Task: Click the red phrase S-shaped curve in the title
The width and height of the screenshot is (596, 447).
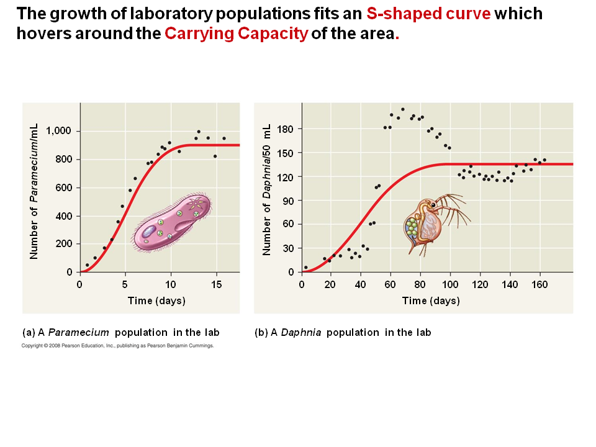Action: point(429,14)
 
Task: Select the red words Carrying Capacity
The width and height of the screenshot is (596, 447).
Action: point(237,34)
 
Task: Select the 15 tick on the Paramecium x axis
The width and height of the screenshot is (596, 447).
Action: point(216,284)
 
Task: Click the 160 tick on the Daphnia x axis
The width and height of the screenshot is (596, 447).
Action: point(540,284)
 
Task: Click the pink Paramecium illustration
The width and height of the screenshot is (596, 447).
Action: point(173,222)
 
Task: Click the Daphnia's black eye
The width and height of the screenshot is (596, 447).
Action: point(433,204)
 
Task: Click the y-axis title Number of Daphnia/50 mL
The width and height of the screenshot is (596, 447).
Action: point(267,189)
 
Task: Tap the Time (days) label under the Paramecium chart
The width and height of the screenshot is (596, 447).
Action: point(156,301)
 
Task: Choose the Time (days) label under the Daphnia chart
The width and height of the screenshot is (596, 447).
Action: point(431,301)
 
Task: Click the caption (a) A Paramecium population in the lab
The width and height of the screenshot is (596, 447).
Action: point(120,332)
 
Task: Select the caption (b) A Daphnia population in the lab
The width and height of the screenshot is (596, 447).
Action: point(343,332)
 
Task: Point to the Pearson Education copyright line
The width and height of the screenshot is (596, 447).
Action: point(117,346)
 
